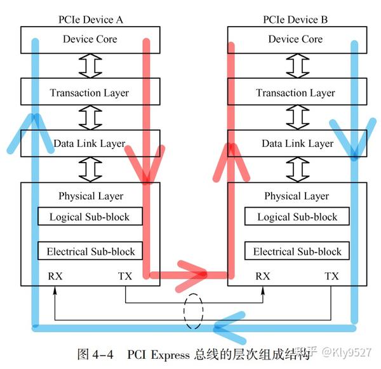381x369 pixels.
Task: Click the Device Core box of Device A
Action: point(90,39)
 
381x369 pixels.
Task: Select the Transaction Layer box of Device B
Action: point(295,93)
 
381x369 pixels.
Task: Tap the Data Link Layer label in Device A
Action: point(90,144)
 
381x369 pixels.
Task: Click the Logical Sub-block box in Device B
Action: point(297,217)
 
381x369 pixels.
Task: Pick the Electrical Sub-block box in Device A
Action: point(91,252)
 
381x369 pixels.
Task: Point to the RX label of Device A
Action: point(56,276)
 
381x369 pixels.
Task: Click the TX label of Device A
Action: point(125,276)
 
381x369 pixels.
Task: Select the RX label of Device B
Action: point(262,276)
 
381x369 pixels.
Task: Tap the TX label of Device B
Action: point(331,276)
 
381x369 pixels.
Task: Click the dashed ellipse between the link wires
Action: point(194,311)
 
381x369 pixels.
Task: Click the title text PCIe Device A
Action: point(90,20)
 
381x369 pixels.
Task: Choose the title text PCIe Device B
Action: point(295,20)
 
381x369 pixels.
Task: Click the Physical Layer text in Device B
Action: point(297,196)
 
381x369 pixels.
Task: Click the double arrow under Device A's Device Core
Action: point(90,66)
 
